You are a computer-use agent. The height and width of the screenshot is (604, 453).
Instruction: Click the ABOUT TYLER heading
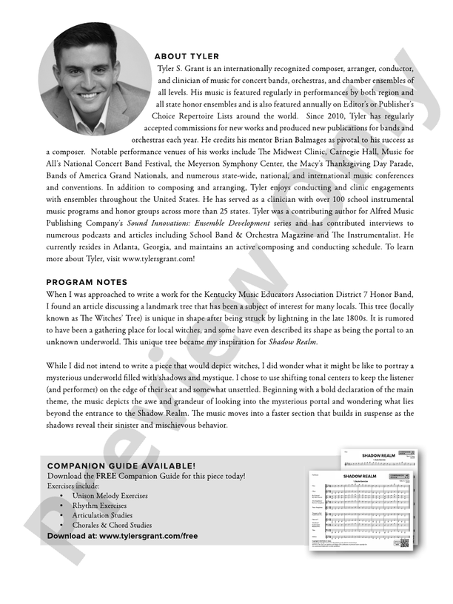point(187,57)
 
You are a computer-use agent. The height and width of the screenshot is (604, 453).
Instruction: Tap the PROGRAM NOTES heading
point(87,282)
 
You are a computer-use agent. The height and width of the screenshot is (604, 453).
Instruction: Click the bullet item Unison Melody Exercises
point(110,495)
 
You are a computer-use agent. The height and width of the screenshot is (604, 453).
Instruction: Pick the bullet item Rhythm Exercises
point(100,505)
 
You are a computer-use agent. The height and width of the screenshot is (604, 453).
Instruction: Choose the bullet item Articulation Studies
point(102,515)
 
